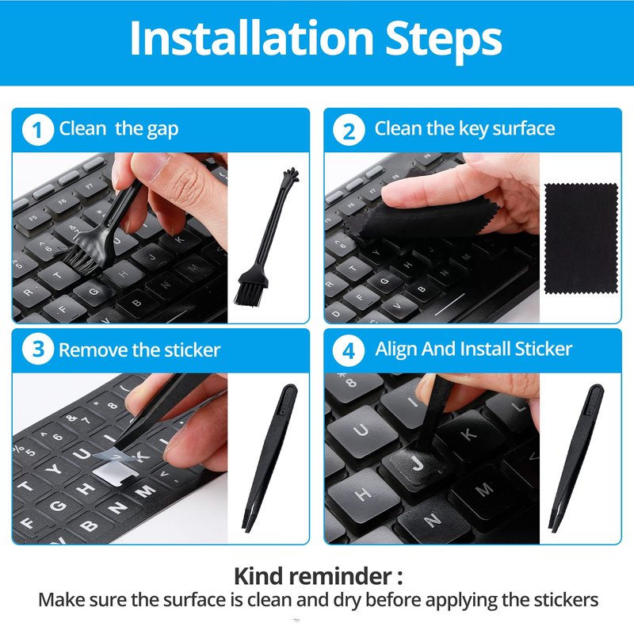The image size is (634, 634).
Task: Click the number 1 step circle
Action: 37,130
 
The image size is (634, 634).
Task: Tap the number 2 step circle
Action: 349,130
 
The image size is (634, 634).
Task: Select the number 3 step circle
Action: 37,349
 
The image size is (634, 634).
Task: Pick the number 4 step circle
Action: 349,350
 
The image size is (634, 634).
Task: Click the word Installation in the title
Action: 251,37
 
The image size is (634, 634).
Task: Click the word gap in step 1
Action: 162,130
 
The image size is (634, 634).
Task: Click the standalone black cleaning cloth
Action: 581,239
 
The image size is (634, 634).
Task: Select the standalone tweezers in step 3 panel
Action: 269,458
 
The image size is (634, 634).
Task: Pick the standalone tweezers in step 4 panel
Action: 575,458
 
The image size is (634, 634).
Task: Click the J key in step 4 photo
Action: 414,466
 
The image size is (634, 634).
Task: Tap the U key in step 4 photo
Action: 361,431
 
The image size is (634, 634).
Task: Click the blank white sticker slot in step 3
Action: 113,472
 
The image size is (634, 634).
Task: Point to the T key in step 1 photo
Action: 59,275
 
